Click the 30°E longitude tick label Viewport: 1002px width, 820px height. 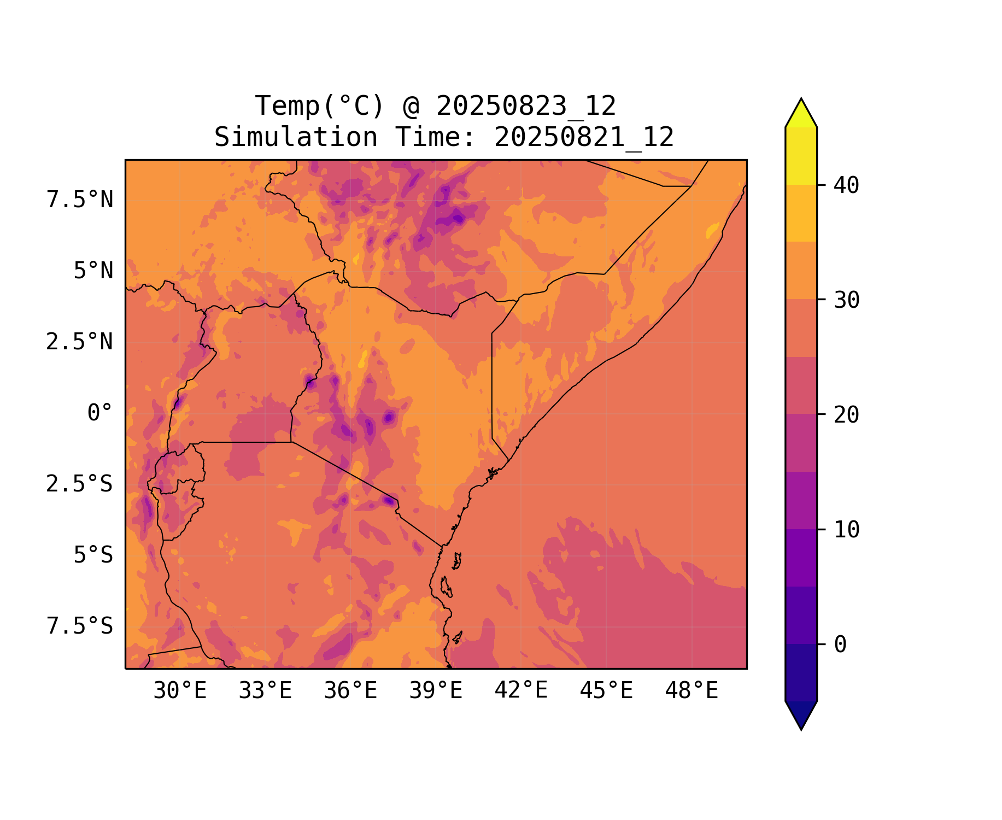point(180,691)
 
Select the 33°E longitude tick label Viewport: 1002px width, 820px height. point(265,691)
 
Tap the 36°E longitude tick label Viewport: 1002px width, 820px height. point(350,691)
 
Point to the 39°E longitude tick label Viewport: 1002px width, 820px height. point(436,691)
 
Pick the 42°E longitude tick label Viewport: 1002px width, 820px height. point(521,690)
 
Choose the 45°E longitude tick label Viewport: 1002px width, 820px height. point(606,691)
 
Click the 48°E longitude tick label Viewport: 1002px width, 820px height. point(692,691)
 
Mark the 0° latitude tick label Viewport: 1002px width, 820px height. point(99,413)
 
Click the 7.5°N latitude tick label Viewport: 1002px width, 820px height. point(80,200)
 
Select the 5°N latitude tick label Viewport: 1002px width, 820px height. point(93,271)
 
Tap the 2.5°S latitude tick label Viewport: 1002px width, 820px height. point(79,484)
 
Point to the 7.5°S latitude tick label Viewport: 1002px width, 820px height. point(80,626)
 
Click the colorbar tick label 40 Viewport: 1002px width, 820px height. point(846,185)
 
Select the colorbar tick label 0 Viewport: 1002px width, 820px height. point(840,645)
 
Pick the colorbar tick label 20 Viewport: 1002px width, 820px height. point(846,415)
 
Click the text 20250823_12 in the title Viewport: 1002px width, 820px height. point(526,106)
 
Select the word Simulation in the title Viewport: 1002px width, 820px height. point(296,137)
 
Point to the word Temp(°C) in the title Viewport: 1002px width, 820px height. point(320,106)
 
